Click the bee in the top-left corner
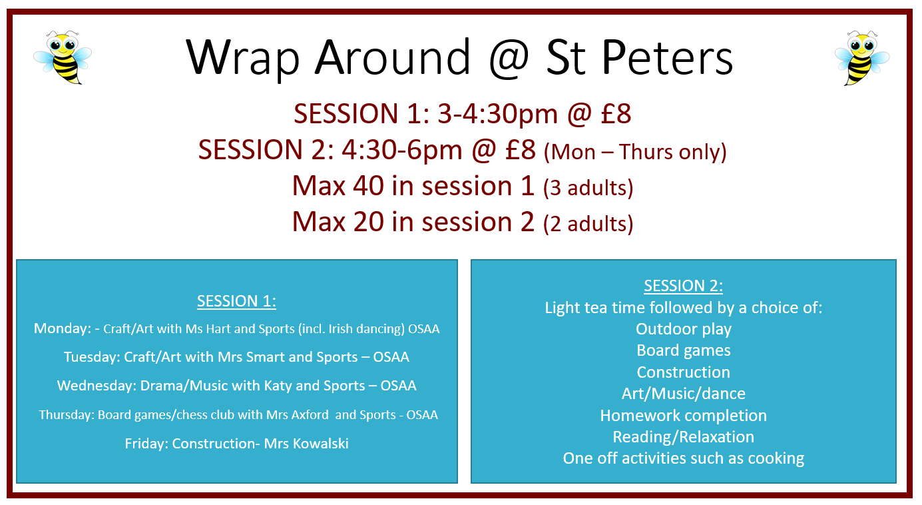[63, 57]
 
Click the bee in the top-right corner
[862, 58]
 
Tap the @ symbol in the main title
[509, 58]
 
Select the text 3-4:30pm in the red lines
[497, 114]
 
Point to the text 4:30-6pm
[401, 150]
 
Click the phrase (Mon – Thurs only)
[635, 152]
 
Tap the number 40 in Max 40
[368, 186]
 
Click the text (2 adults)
[588, 224]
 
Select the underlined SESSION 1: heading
[236, 301]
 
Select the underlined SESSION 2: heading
[683, 286]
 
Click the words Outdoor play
[684, 329]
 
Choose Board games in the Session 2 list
[683, 350]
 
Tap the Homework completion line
[683, 416]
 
